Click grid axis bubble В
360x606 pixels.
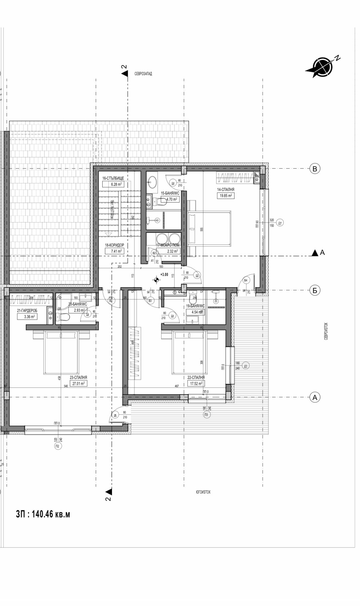pos(315,169)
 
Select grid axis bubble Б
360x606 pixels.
pos(315,290)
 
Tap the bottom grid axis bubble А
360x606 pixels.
pos(315,397)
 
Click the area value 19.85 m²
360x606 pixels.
pos(226,196)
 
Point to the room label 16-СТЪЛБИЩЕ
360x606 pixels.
pos(113,178)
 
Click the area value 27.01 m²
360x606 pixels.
pos(79,383)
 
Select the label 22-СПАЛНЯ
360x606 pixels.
pos(196,377)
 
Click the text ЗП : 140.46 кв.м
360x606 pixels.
pos(43,514)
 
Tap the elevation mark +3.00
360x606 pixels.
pos(164,274)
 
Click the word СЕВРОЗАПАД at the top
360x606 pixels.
pos(143,74)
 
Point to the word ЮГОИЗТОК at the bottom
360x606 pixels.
pos(203,492)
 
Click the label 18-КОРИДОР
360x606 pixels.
pos(114,245)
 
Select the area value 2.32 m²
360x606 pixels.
pos(172,251)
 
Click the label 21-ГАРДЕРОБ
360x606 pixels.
pos(27,311)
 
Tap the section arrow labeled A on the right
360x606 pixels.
pos(315,253)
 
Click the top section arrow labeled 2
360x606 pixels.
pos(124,73)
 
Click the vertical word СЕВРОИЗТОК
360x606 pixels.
pos(326,331)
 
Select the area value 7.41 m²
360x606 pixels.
pos(114,251)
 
